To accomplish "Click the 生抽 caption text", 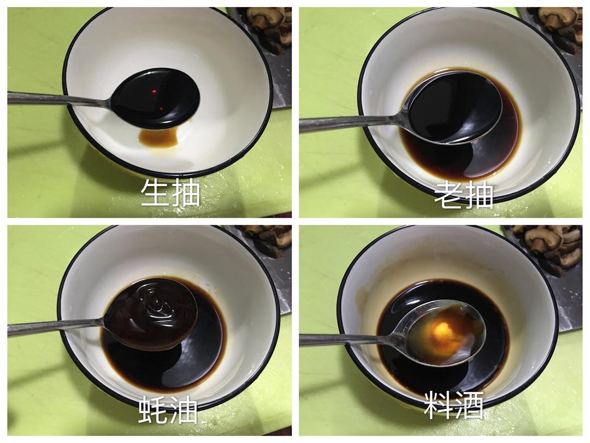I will tap(170, 193).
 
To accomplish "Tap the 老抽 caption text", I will tap(464, 194).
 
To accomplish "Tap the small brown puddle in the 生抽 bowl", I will tap(158, 138).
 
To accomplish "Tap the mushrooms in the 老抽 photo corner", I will tap(560, 25).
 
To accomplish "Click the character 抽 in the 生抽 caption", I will tap(186, 193).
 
